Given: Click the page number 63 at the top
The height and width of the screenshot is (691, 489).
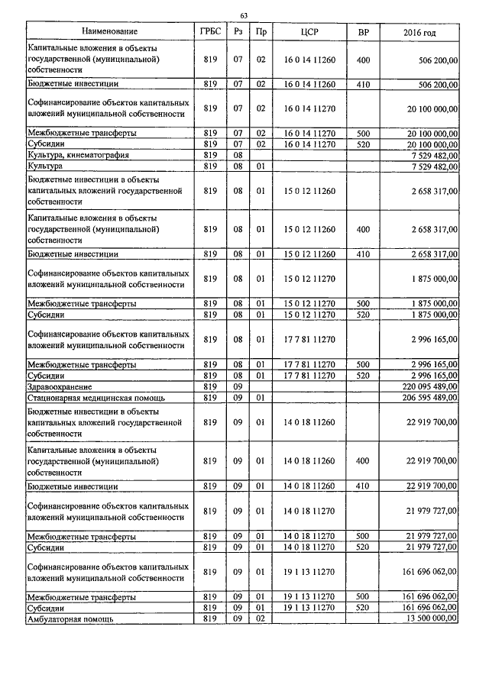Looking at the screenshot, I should pyautogui.click(x=244, y=15).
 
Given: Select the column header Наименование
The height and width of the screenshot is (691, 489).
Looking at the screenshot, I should pyautogui.click(x=112, y=31).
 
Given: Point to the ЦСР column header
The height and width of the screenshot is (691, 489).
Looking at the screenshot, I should pyautogui.click(x=309, y=31).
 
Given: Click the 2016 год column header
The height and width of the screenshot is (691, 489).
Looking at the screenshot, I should pyautogui.click(x=419, y=31).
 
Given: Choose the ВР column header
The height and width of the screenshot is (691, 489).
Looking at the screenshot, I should pyautogui.click(x=363, y=31).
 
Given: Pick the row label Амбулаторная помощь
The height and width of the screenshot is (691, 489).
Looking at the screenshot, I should pyautogui.click(x=70, y=619).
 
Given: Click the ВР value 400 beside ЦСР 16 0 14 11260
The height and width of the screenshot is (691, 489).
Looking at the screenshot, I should pyautogui.click(x=363, y=59).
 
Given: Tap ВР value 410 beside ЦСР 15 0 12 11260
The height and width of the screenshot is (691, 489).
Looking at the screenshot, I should pyautogui.click(x=363, y=253).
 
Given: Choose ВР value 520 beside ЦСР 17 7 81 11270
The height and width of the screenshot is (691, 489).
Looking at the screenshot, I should pyautogui.click(x=363, y=376).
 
